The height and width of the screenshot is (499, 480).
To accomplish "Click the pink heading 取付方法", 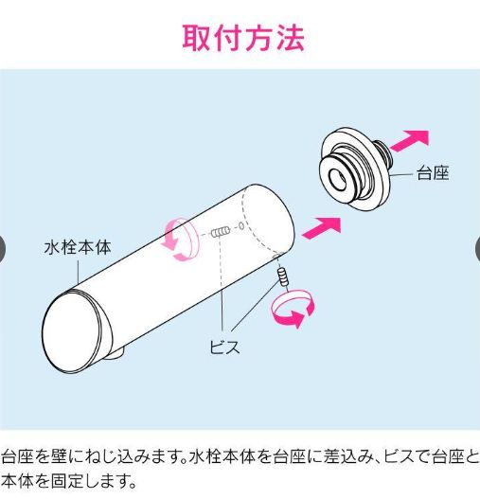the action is pos(243,38).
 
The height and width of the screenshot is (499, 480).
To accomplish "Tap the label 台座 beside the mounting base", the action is pos(433,173).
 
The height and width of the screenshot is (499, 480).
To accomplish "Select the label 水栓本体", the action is pos(78,247).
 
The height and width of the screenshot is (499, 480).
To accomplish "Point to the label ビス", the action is pos(224,347).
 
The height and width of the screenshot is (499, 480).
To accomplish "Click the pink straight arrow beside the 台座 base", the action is pos(410,141).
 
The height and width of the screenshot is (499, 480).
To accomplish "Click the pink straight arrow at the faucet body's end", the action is pos(322,228).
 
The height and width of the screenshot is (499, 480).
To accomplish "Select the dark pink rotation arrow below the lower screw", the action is pos(293,309).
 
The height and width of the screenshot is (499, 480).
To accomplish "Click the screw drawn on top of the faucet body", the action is pos(220,232).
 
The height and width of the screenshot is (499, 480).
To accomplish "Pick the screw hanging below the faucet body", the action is pos(283,276).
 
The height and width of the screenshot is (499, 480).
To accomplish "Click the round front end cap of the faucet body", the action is pos(71,331).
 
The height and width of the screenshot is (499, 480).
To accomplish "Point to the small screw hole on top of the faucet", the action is pos(241,226).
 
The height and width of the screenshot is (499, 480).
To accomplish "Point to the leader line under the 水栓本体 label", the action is pos(79,273).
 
